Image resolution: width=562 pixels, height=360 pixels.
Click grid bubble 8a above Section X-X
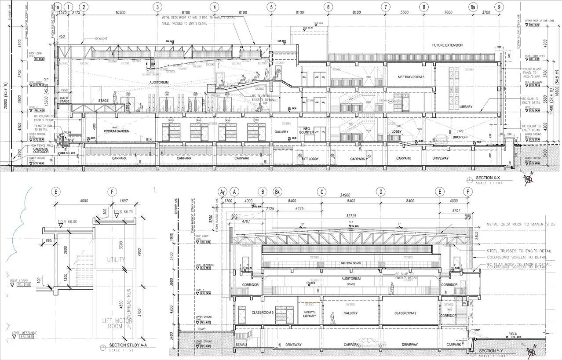pos(473,7)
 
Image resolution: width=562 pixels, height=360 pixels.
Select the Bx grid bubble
pos(277,192)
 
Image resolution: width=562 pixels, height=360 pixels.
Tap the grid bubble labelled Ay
pos(223,192)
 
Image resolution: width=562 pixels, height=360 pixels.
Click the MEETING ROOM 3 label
pos(411,77)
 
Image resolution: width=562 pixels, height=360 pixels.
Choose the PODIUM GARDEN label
pos(116,131)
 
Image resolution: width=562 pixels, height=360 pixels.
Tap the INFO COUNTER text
pos(307,131)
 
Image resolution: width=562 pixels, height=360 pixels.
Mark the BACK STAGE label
pos(64,99)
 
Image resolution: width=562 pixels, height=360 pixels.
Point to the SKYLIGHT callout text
pos(101,39)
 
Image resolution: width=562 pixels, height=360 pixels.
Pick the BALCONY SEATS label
pos(350,263)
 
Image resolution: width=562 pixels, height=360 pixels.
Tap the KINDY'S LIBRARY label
pos(310,314)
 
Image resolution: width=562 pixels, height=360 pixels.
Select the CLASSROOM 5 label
pos(263,313)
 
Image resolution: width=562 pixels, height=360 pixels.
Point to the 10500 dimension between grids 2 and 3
pos(120,13)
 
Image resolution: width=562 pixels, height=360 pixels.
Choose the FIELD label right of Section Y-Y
pos(512,334)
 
